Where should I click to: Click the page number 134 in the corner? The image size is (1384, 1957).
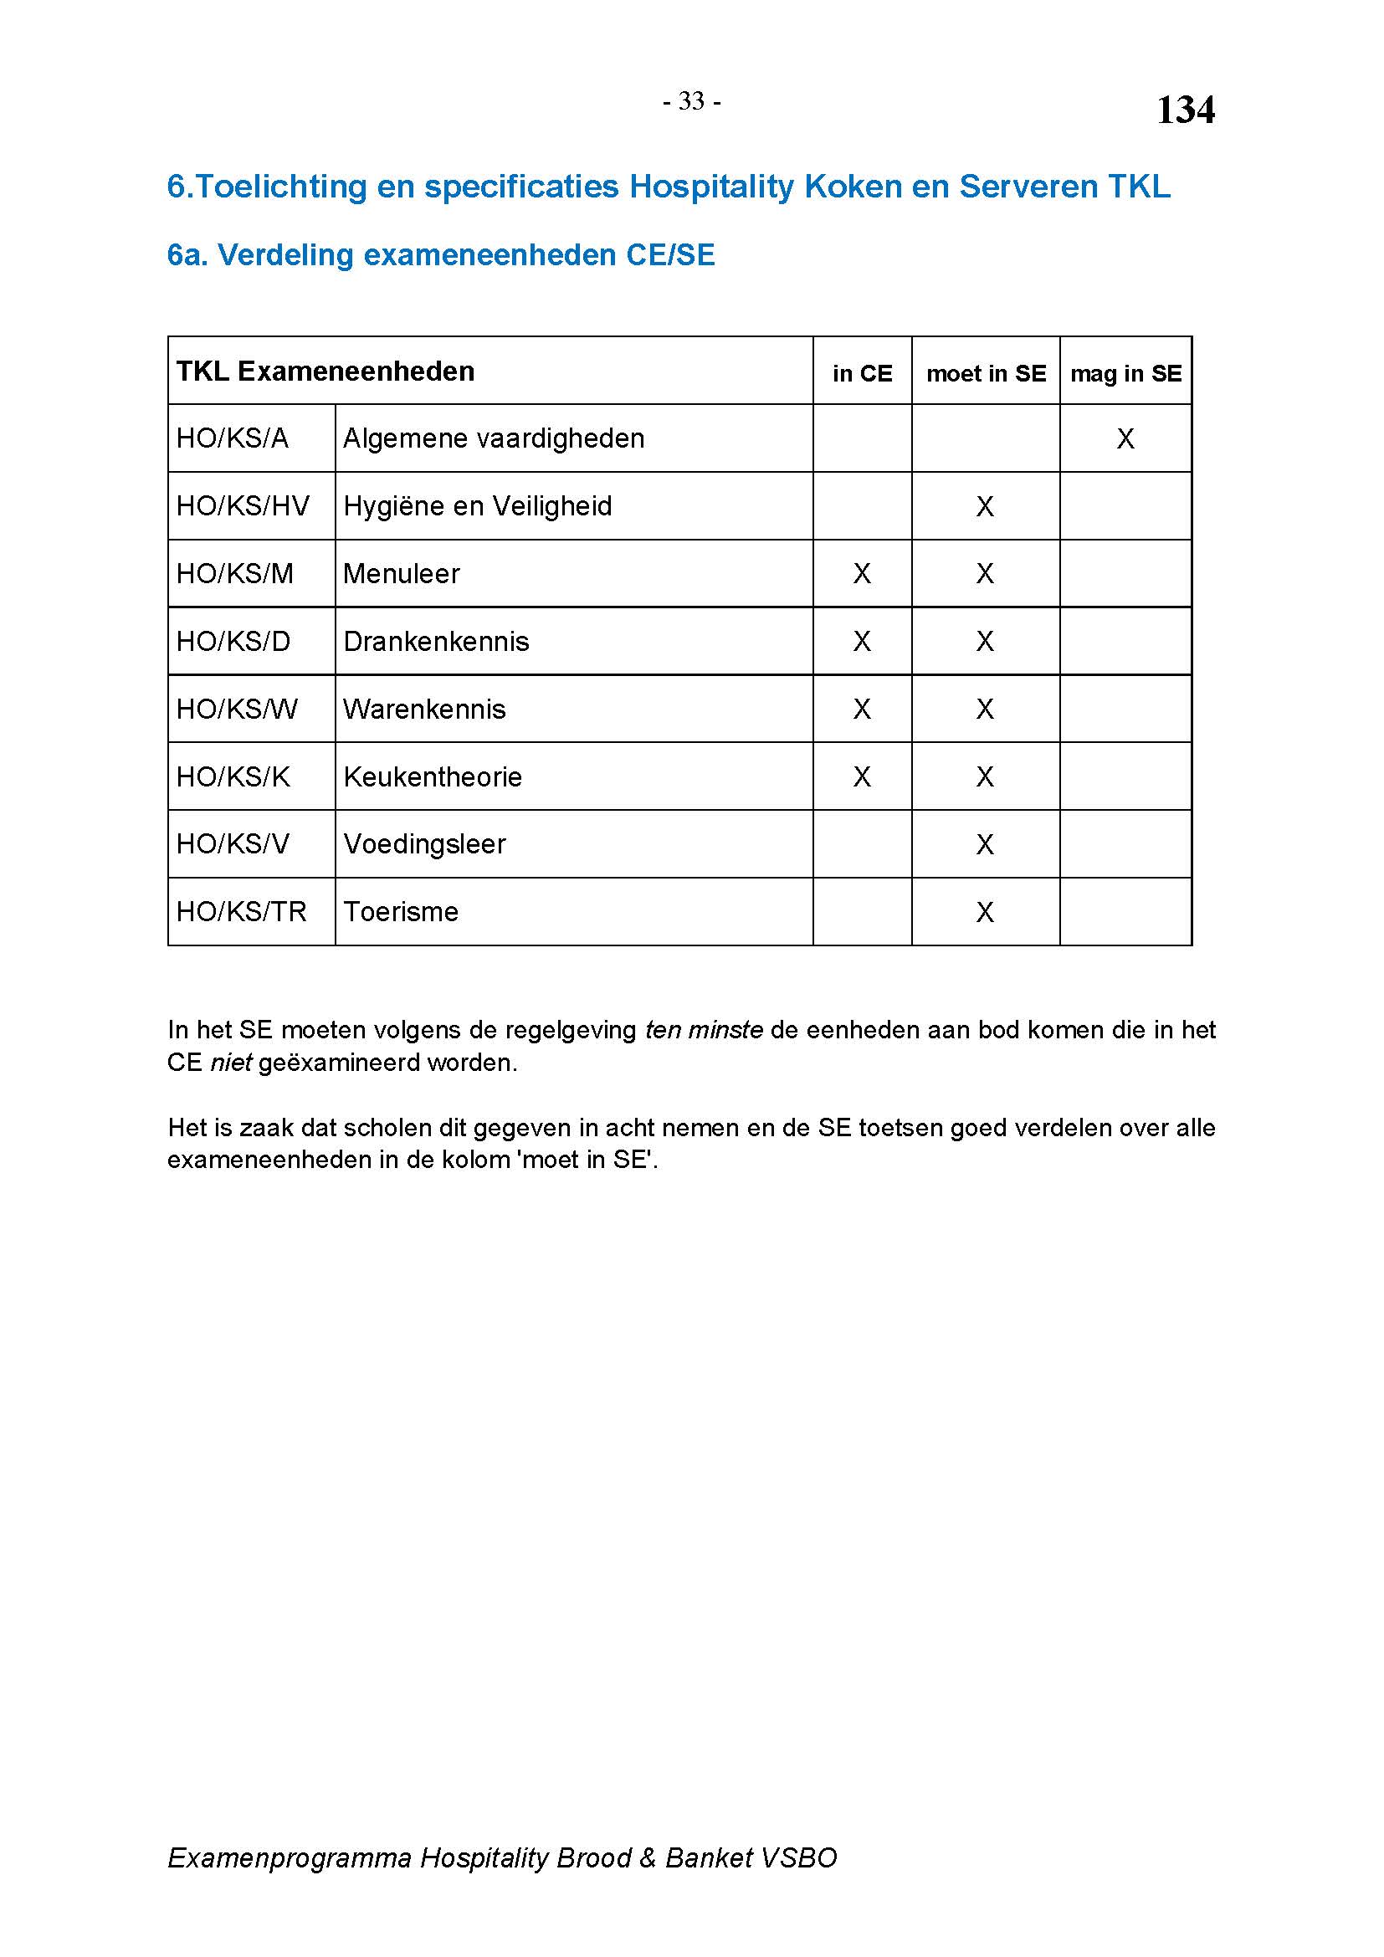point(1185,110)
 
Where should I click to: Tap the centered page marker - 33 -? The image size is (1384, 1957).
point(691,101)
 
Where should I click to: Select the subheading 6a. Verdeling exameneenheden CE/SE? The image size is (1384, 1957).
point(441,255)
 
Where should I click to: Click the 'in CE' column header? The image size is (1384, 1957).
point(862,373)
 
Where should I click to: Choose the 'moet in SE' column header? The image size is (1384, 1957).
point(985,373)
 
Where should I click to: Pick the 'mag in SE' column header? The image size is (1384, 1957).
point(1125,373)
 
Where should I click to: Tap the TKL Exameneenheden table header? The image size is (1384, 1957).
point(325,371)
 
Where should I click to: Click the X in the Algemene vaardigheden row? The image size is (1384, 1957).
point(1125,439)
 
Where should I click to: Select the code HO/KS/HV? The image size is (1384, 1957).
point(242,506)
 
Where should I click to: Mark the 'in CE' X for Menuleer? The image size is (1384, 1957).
point(862,574)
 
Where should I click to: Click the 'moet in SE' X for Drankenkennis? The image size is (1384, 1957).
point(984,641)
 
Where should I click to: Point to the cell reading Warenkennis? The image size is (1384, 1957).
point(423,710)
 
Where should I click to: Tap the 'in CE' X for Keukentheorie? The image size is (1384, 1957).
point(862,776)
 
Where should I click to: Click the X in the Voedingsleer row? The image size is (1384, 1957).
point(984,845)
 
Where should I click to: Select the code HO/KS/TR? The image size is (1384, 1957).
point(240,912)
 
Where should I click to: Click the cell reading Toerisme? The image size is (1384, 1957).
point(401,912)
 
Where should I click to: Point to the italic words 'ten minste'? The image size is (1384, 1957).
point(703,1031)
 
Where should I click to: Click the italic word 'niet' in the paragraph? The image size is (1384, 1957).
point(231,1063)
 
